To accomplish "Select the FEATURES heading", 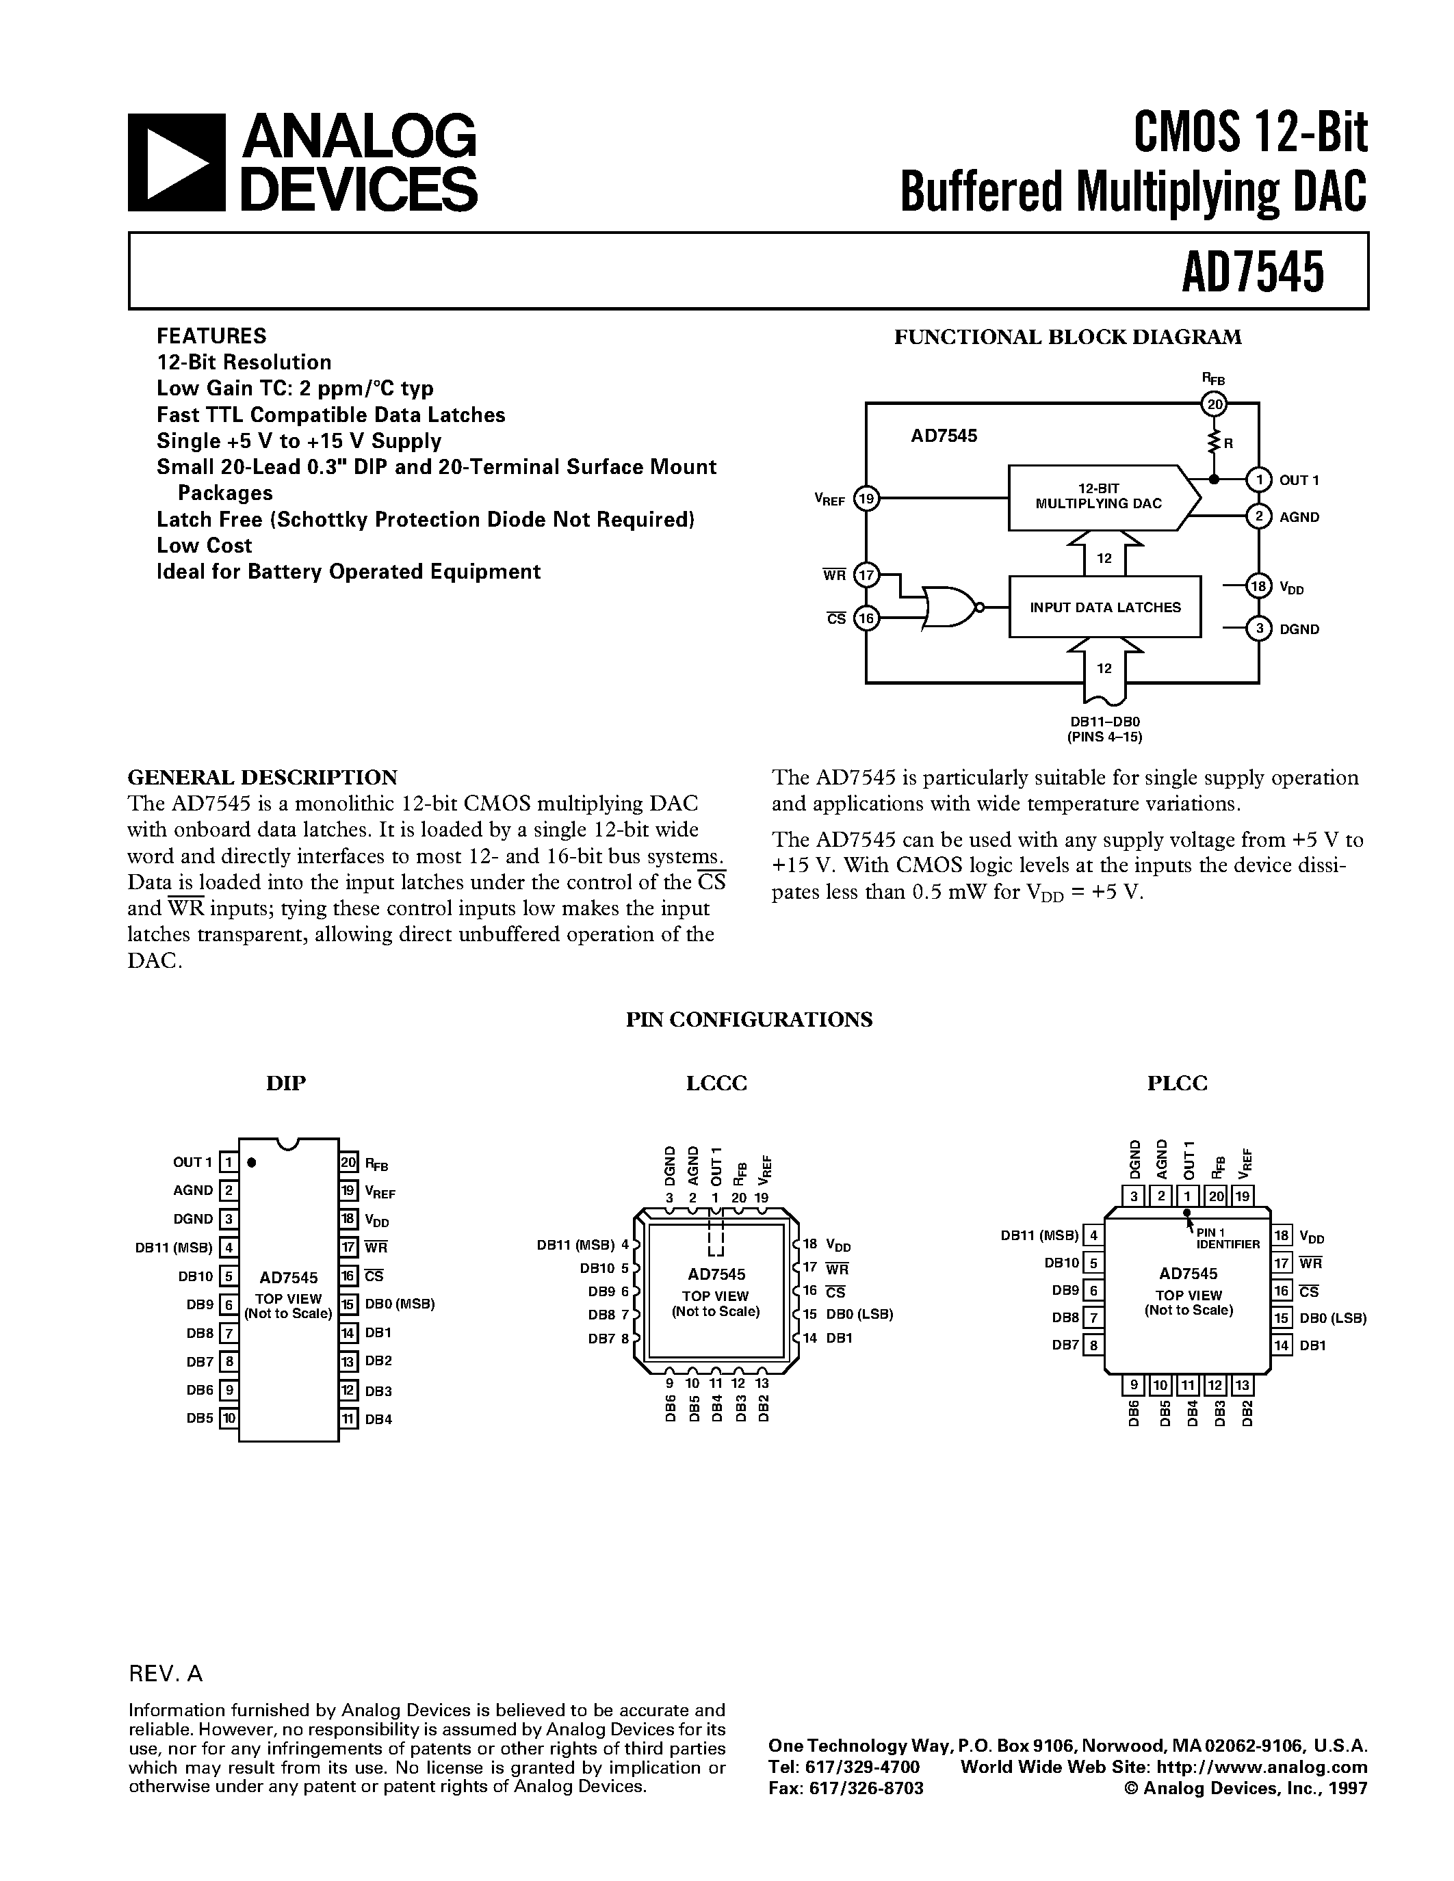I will pos(211,336).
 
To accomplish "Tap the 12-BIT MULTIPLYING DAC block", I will pos(1098,497).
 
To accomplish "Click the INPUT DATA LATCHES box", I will pos(1104,607).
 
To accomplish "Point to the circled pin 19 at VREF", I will pos(866,498).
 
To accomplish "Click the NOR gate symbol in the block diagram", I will pos(951,609).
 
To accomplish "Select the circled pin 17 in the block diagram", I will pos(866,575).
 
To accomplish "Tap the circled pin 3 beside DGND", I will pos(1258,629).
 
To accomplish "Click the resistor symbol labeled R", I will pos(1215,443).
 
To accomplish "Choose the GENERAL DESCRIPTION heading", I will pos(262,778).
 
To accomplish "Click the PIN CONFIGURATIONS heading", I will pos(749,1020).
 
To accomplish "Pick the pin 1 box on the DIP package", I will pos(229,1162).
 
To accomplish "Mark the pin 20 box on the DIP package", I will pos(349,1162).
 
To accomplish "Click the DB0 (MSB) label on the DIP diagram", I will pos(400,1304).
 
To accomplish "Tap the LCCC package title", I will pos(716,1083).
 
